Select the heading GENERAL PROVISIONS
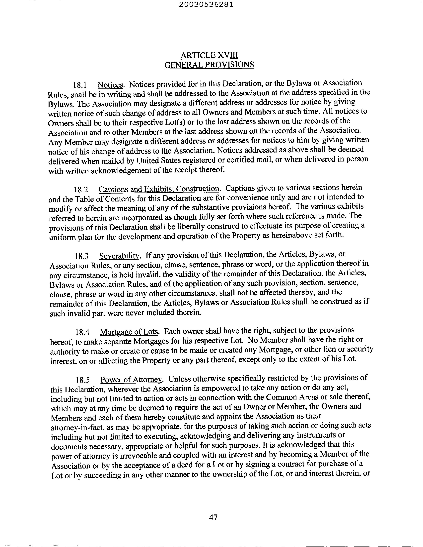point(209,65)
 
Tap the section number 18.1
point(80,86)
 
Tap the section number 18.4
point(82,333)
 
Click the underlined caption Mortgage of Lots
point(130,332)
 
